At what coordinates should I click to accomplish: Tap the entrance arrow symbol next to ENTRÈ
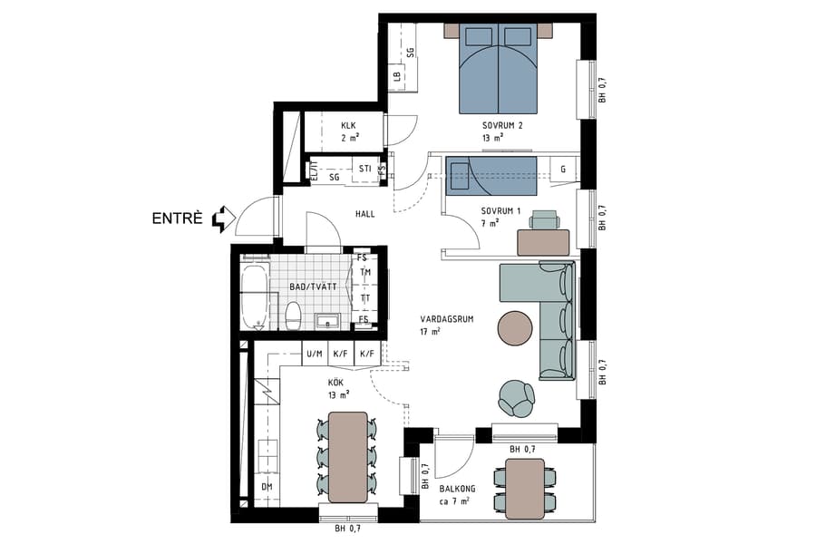tap(223, 219)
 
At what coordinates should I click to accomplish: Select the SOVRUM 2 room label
tap(502, 125)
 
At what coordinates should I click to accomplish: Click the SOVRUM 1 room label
tap(501, 210)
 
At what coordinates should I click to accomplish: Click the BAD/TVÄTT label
tap(313, 287)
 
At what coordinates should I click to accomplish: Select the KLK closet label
tap(349, 126)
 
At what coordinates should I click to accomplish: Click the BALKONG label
tap(458, 489)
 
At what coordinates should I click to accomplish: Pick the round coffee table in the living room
tap(517, 328)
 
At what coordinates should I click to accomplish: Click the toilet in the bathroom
tap(293, 316)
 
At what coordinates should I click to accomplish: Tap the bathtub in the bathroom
tap(255, 295)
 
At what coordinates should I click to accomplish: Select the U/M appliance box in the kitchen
tap(315, 354)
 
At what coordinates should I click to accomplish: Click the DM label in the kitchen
tap(267, 487)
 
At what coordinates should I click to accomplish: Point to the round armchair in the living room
tap(517, 397)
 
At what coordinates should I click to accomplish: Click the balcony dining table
tap(525, 487)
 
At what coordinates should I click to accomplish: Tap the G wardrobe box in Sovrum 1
tap(562, 170)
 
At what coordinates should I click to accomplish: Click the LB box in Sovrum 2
tap(397, 78)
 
